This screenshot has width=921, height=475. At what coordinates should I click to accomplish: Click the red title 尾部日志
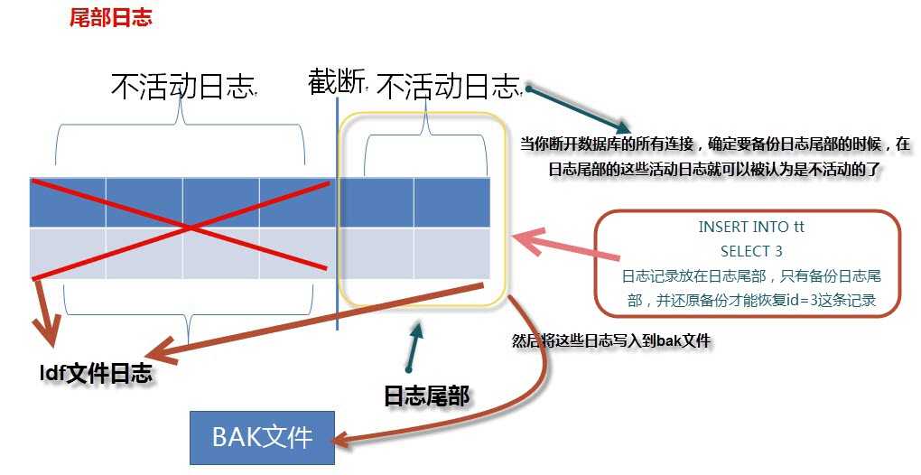click(x=110, y=17)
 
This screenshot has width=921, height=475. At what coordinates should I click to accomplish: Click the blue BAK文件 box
click(x=262, y=437)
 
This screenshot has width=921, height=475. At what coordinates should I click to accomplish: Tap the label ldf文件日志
click(x=96, y=374)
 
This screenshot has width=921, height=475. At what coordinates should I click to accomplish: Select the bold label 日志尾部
click(x=426, y=396)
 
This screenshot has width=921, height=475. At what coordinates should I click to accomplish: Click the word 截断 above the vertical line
click(x=335, y=82)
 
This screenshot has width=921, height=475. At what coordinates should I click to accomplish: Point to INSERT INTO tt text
click(x=751, y=227)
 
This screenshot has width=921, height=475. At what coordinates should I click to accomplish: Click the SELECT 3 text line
click(x=751, y=251)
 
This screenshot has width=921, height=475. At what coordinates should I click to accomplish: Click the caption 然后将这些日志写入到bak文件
click(x=611, y=340)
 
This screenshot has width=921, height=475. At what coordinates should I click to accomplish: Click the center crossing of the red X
click(x=188, y=228)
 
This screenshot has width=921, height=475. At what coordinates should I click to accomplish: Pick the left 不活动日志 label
click(x=183, y=87)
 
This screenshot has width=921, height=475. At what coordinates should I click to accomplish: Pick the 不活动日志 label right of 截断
click(x=449, y=87)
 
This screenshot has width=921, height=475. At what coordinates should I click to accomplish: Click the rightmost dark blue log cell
click(x=451, y=202)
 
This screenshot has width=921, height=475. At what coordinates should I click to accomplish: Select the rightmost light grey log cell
click(x=451, y=253)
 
